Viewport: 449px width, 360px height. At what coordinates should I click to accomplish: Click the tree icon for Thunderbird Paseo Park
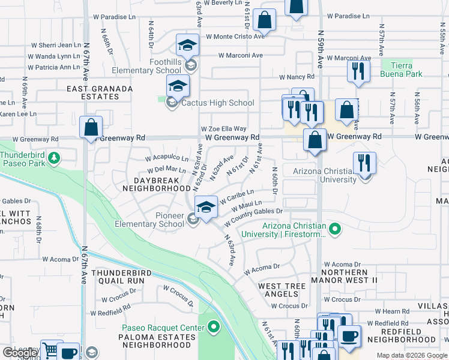click(55, 158)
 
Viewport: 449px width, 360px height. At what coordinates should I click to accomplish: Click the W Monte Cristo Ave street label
click(235, 37)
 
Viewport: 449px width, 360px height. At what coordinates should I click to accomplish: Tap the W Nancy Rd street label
click(297, 77)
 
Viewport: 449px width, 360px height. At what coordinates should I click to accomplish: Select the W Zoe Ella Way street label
click(223, 128)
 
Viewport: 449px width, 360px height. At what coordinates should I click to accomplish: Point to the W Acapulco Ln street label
click(167, 159)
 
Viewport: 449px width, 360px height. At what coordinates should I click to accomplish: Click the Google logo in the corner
click(19, 353)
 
